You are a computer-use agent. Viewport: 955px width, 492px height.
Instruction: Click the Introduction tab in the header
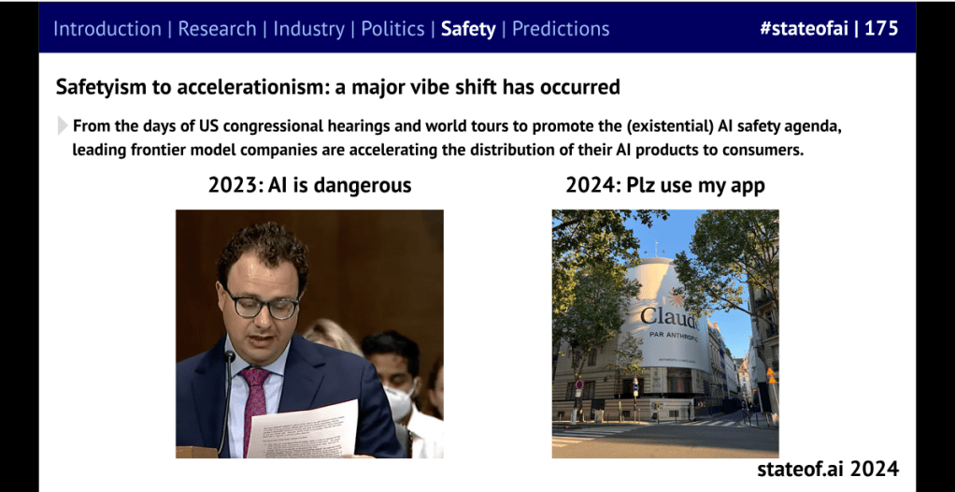[107, 28]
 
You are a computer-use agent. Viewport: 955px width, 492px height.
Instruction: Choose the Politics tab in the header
[392, 28]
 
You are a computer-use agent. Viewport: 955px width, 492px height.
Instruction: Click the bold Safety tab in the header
[468, 28]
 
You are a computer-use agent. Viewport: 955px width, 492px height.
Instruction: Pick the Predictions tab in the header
[561, 28]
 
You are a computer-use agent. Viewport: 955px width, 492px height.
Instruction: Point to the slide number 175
[881, 28]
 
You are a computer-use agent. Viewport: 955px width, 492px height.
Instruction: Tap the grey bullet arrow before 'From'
[63, 125]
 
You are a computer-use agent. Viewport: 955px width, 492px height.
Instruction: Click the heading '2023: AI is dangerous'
[309, 185]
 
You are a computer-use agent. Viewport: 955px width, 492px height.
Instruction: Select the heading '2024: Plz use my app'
[664, 185]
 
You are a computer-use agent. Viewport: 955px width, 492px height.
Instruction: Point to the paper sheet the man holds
[304, 429]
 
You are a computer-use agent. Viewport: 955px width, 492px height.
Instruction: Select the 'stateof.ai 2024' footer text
[828, 469]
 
